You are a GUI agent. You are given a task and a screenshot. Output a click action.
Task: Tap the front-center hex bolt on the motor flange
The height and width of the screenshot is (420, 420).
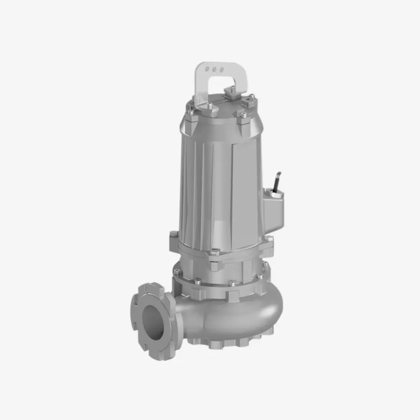215,252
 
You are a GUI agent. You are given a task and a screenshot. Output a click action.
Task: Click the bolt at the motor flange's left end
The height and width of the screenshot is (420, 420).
174,234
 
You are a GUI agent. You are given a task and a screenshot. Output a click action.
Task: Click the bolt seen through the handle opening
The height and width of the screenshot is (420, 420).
229,90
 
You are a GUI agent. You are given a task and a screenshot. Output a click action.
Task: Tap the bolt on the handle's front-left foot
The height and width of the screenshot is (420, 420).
209,105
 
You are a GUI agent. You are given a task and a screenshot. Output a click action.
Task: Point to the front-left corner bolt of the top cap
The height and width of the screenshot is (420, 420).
191,112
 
